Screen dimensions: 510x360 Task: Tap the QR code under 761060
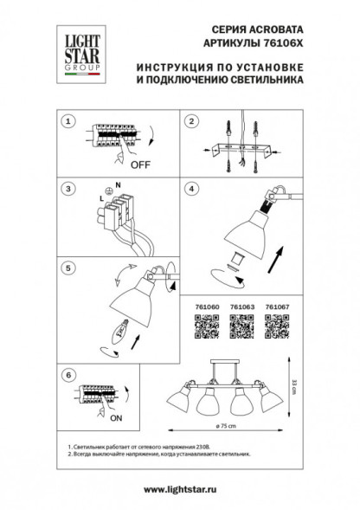(x=202, y=326)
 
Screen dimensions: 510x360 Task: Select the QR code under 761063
(x=240, y=326)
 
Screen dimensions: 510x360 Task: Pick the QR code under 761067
(x=277, y=326)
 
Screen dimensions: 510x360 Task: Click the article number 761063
(x=240, y=306)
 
